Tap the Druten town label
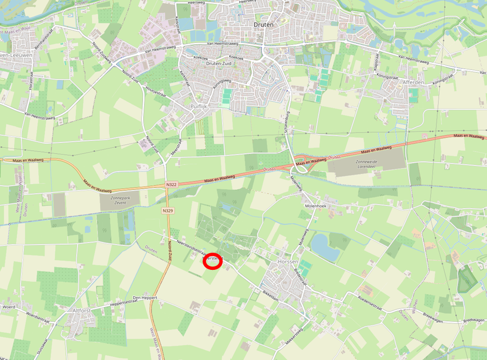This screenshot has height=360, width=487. tap(263, 24)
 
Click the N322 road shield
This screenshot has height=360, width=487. tap(171, 184)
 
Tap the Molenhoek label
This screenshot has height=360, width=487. tap(315, 205)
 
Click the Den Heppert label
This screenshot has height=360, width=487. tap(145, 298)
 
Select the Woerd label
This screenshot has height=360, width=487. tap(8, 307)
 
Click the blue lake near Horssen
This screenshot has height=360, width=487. tap(325, 247)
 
